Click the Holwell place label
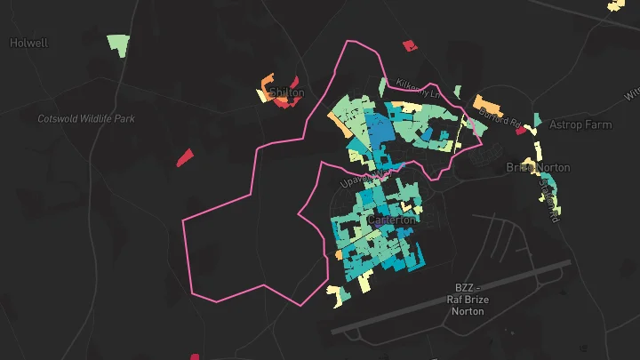click(x=29, y=42)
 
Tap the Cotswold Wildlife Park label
click(x=86, y=118)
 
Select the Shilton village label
click(x=286, y=92)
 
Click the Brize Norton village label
click(x=537, y=167)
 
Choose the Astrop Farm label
click(x=579, y=124)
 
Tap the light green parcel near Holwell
click(x=117, y=44)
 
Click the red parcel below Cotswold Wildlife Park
click(x=185, y=157)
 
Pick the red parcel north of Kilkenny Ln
click(x=409, y=45)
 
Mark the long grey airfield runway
click(x=453, y=297)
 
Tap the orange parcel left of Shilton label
click(x=267, y=87)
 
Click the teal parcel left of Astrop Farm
click(x=538, y=118)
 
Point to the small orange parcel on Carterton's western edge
click(x=338, y=255)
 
